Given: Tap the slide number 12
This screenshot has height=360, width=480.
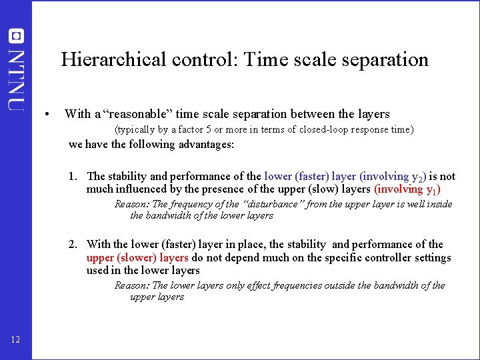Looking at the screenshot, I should point(15,341).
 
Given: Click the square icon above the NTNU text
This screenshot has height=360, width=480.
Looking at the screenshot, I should point(17,37).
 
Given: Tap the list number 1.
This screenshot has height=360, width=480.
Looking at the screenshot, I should point(72,177).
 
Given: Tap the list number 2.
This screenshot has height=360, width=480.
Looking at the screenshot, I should point(72,245).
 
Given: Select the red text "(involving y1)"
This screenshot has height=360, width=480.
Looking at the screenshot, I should point(408,189).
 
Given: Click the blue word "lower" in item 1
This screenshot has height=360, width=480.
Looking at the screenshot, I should point(278,177).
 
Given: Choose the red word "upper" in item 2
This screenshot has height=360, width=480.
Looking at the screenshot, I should point(100,257).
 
